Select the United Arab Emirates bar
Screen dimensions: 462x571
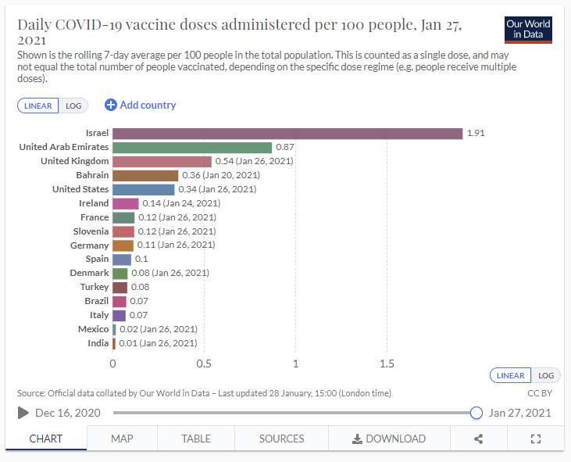[x=192, y=148]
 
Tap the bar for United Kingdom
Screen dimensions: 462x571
[x=162, y=161]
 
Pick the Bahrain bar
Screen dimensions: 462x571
[x=145, y=175]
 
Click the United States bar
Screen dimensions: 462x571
[x=144, y=189]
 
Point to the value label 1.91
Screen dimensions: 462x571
[x=476, y=134]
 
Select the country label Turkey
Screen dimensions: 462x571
[x=95, y=288]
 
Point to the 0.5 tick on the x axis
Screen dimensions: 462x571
[x=204, y=364]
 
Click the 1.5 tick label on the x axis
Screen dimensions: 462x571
[x=387, y=364]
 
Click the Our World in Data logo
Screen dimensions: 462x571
[x=528, y=29]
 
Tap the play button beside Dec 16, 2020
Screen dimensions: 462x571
[x=23, y=413]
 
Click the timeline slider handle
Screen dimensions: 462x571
[x=476, y=413]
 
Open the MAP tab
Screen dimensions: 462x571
[x=122, y=439]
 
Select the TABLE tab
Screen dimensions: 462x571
[x=196, y=439]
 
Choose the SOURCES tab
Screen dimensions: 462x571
[x=281, y=439]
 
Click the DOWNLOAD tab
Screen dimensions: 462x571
[x=388, y=439]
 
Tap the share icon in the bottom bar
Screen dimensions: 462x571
[x=478, y=439]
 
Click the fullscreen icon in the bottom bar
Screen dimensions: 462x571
[x=536, y=439]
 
